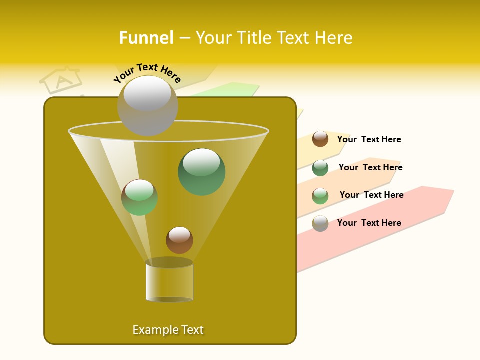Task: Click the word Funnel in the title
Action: coord(146,38)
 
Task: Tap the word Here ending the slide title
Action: coord(331,38)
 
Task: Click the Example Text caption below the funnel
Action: coord(168,330)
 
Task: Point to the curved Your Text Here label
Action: coord(147,73)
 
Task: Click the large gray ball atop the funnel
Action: coord(147,105)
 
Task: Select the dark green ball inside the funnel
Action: coord(201,172)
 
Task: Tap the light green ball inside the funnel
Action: coord(139,197)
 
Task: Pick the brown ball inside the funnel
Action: coord(179,240)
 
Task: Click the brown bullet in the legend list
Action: coord(320,139)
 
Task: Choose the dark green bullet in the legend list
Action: coord(320,168)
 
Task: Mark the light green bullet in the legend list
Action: coord(320,196)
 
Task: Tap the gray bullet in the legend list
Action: coord(320,223)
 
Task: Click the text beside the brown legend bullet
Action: coord(369,139)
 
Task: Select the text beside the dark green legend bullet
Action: coord(370,167)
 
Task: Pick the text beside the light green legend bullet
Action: coord(371,195)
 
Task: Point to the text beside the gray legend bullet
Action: coord(369,223)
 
